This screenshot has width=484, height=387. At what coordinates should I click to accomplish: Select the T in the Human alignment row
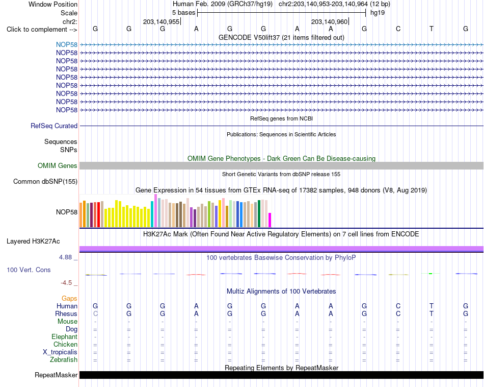[431, 306]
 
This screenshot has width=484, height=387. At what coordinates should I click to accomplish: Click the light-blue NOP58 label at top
[67, 45]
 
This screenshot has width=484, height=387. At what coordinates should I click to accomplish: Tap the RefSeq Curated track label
[54, 126]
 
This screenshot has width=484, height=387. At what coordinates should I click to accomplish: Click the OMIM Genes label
[58, 166]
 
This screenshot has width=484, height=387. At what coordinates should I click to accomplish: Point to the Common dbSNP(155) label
[45, 182]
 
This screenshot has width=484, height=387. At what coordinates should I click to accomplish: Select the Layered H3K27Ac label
[33, 241]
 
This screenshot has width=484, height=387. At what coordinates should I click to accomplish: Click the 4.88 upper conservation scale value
[65, 257]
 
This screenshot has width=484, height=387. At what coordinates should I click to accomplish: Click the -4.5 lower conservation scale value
[66, 283]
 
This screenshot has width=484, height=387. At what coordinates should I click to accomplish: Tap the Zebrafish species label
[64, 360]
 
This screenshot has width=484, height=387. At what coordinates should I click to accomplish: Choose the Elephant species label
[65, 337]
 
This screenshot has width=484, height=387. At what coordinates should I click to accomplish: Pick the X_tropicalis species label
[60, 352]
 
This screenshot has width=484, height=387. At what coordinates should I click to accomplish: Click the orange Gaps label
[69, 299]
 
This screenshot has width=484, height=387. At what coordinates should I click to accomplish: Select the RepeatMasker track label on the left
[56, 375]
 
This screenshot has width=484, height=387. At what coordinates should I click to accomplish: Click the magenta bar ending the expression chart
[270, 220]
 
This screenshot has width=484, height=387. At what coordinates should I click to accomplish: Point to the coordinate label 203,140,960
[329, 21]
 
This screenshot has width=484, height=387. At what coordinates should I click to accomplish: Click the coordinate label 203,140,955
[161, 21]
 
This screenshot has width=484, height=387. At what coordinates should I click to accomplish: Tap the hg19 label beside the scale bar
[378, 13]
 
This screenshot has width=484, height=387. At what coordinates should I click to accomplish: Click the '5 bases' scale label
[183, 13]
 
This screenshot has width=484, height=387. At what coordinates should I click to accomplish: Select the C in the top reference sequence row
[398, 29]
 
